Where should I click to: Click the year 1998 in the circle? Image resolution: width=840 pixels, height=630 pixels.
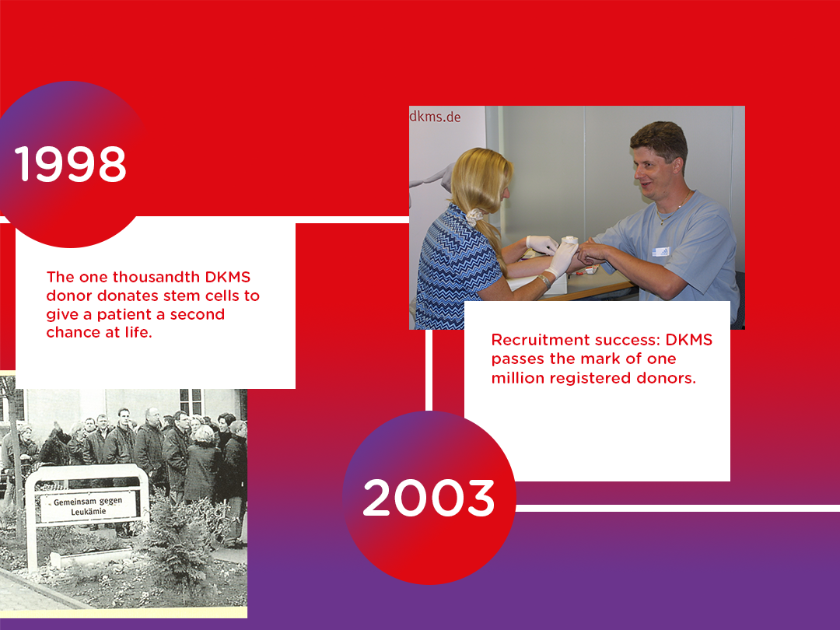pyautogui.click(x=70, y=164)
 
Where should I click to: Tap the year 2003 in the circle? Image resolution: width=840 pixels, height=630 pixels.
pyautogui.click(x=429, y=498)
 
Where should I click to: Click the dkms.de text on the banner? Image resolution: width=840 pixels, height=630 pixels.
pyautogui.click(x=436, y=116)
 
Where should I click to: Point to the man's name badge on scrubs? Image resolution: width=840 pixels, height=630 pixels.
pyautogui.click(x=661, y=251)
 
